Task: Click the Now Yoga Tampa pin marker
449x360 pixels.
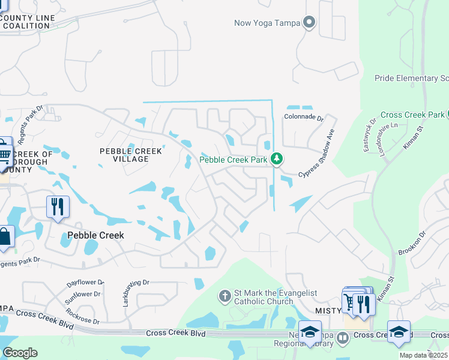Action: click(x=309, y=23)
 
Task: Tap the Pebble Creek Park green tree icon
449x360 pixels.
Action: click(x=276, y=159)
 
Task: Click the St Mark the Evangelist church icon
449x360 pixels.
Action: click(x=225, y=295)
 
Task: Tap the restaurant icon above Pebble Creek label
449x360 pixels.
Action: click(x=58, y=207)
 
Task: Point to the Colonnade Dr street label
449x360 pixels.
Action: click(x=304, y=118)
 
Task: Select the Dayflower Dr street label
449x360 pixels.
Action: click(x=85, y=281)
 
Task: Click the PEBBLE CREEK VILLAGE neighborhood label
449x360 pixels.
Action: click(x=131, y=155)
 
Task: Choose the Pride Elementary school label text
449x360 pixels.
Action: click(x=411, y=79)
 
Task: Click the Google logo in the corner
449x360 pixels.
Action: click(x=20, y=353)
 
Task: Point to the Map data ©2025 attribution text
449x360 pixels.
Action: click(x=424, y=356)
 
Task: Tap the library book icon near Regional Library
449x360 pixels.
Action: click(x=342, y=338)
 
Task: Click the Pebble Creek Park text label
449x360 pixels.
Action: click(x=234, y=160)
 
